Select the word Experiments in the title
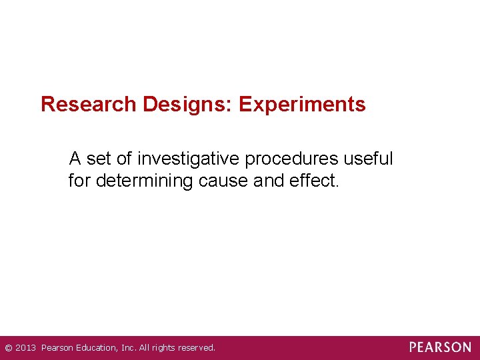(x=302, y=105)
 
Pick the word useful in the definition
(x=368, y=159)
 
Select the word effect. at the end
(x=315, y=181)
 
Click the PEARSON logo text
(x=440, y=347)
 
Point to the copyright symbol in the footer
(x=8, y=348)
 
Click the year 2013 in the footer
(x=25, y=348)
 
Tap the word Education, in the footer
(x=95, y=348)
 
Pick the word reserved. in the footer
(x=198, y=348)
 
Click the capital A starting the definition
(x=75, y=159)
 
